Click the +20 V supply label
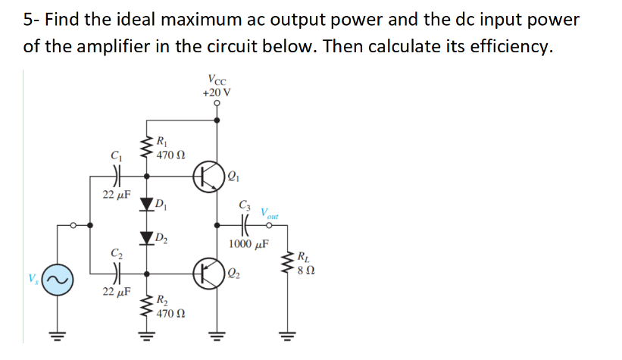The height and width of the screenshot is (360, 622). [217, 92]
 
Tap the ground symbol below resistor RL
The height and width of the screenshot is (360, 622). [286, 333]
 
